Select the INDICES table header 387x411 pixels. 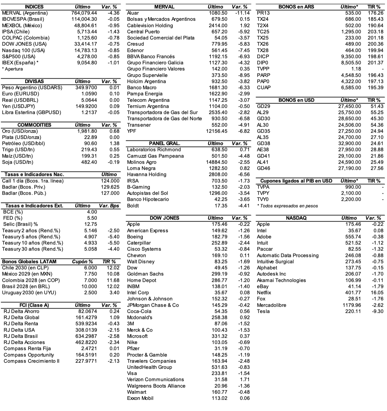click(x=34, y=7)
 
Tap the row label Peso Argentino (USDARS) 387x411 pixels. click(x=32, y=88)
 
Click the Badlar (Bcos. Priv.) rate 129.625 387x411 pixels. click(x=110, y=187)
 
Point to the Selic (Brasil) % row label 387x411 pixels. click(x=20, y=224)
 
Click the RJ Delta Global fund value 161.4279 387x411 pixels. click(x=86, y=317)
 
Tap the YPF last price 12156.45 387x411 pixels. click(x=216, y=131)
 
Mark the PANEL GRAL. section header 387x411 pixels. click(x=164, y=143)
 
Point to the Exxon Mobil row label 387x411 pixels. click(x=140, y=398)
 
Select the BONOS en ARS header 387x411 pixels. click(x=296, y=7)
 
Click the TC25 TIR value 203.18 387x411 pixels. click(x=375, y=32)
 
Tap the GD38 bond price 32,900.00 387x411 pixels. click(x=349, y=143)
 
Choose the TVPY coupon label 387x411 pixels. click(x=263, y=193)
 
